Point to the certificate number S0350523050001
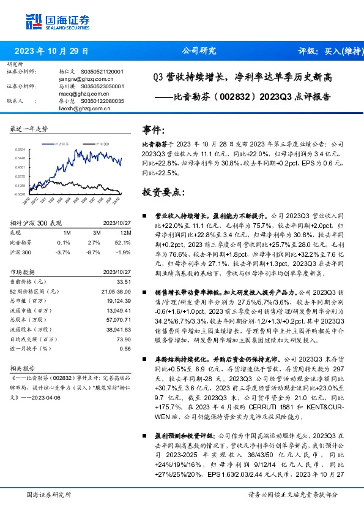pos(102,86)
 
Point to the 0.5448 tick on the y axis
pos(20,158)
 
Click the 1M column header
pos(67,233)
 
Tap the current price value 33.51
pos(124,281)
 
